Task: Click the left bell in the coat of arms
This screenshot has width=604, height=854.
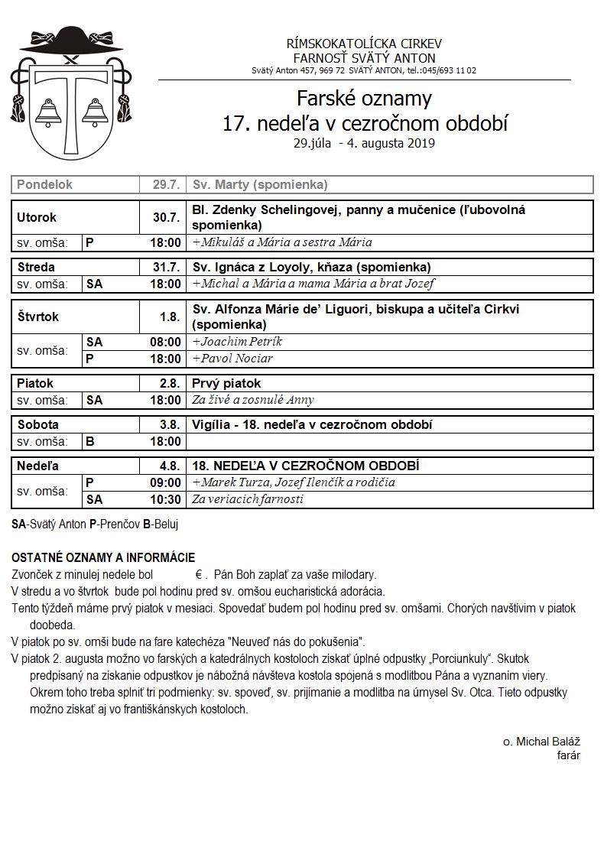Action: coord(48,112)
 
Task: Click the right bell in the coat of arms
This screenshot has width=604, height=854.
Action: coord(96,112)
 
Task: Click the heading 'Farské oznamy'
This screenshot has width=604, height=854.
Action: coord(364,99)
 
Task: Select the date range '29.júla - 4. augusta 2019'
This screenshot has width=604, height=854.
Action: coord(364,143)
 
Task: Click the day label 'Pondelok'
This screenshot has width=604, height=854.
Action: coord(45,185)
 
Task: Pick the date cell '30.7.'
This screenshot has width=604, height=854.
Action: coord(166,217)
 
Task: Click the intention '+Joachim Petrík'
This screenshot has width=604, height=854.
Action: coord(238,342)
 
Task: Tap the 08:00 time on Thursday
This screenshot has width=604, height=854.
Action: coord(165,342)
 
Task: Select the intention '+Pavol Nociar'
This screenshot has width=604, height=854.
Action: coord(232,359)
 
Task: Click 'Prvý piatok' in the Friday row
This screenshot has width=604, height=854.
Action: coord(226,383)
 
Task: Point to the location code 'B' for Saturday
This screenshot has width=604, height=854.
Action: coord(89,441)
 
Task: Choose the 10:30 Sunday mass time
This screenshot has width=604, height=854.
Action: coord(165,499)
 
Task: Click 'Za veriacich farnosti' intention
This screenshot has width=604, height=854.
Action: coord(248,499)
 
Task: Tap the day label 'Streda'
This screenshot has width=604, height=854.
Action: coord(36,267)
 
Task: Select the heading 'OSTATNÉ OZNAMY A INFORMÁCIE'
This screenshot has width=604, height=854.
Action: coord(103,558)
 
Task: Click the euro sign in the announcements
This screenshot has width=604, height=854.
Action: coord(197,574)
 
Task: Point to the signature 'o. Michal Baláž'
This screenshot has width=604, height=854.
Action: coord(541,742)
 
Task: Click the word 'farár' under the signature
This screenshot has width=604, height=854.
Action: coord(569,755)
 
